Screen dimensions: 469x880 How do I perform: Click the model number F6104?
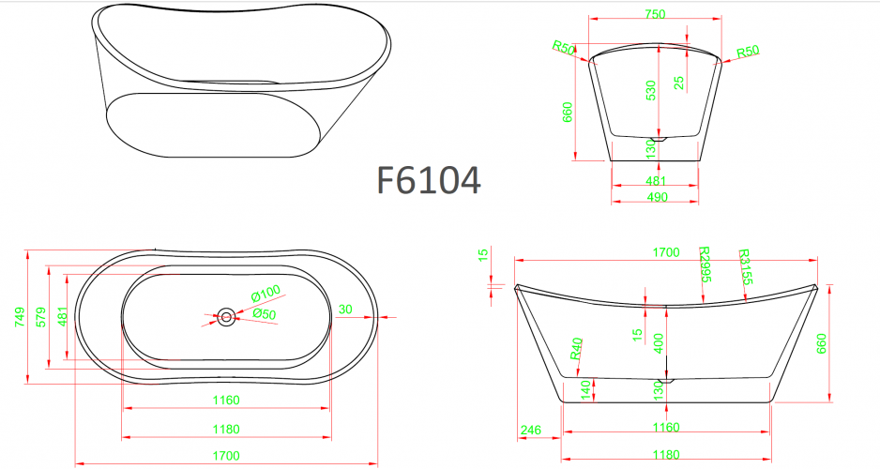click(429, 180)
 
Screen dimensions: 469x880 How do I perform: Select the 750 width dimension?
click(655, 14)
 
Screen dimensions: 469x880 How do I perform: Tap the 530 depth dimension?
click(649, 90)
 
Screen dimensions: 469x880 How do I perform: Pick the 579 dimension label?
click(40, 316)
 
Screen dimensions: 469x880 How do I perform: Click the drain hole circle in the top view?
click(226, 317)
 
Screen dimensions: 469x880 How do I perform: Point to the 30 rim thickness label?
click(345, 310)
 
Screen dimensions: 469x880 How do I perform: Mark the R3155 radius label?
click(746, 267)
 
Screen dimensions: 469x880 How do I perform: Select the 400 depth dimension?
click(659, 344)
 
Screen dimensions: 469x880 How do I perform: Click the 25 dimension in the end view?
click(678, 83)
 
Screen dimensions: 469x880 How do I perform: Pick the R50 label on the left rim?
click(564, 47)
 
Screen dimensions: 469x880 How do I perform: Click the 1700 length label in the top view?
click(225, 455)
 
